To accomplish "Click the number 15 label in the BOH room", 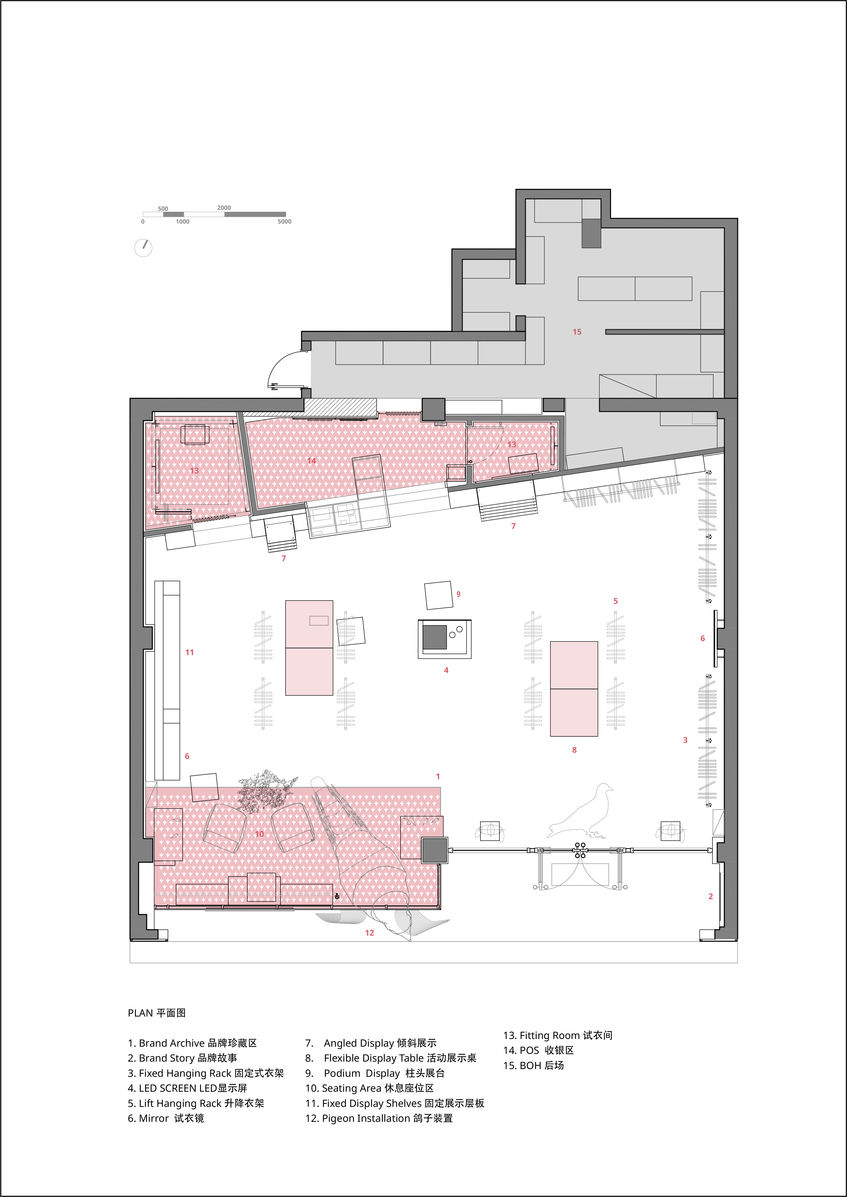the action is point(577,332).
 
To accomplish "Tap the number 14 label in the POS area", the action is point(311,461).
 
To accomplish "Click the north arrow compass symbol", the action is point(143,248).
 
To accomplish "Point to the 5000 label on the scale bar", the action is point(284,222).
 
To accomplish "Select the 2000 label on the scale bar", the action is point(224,207).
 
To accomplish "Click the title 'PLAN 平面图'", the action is point(156,1013).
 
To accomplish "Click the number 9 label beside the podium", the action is point(458,594).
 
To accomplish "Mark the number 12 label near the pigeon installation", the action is point(369,933).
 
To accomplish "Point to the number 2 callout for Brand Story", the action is point(710,896).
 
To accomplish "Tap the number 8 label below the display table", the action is point(574,750).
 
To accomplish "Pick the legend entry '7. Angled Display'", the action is point(371,1043).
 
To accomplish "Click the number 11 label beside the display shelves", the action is point(189,652).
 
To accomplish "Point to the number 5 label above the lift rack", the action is point(615,601).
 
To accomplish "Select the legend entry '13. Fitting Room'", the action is point(558,1035).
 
